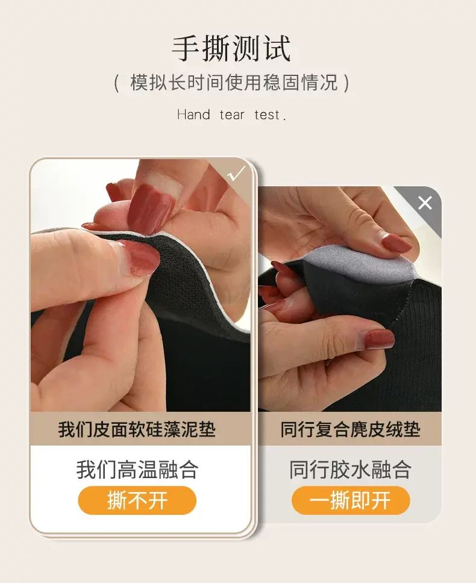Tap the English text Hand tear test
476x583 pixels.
coord(231,115)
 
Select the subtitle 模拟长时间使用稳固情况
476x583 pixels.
coord(234,82)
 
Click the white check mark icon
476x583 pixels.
coord(236,174)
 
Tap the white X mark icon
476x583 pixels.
coord(425,203)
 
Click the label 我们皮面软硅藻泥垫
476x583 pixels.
coord(137,429)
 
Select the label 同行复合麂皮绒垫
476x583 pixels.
coord(350,429)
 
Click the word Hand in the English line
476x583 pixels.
coord(193,115)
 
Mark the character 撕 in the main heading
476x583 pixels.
coord(216,48)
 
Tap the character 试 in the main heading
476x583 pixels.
coord(276,48)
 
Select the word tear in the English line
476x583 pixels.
coord(232,115)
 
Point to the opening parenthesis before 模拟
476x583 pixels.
coord(116,83)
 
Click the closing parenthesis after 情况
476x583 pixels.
coord(346,83)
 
